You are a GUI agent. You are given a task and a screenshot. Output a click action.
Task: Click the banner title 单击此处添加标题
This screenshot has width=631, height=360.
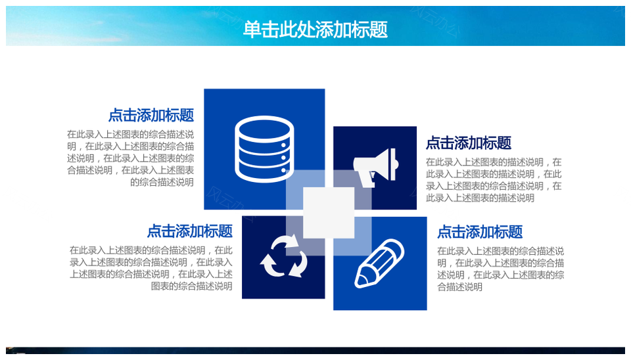pyautogui.click(x=315, y=30)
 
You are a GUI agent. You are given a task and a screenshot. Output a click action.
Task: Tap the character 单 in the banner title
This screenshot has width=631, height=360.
pyautogui.click(x=252, y=30)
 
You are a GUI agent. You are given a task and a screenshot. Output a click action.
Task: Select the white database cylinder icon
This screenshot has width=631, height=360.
pyautogui.click(x=264, y=149)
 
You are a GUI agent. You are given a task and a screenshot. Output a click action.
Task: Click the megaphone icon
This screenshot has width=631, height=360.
pyautogui.click(x=376, y=168)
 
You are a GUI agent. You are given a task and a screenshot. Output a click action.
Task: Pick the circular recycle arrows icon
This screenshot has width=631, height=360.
pyautogui.click(x=284, y=256)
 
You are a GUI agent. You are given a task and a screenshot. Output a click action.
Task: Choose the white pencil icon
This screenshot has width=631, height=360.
pyautogui.click(x=379, y=263)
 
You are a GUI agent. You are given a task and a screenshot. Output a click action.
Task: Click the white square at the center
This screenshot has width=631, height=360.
pyautogui.click(x=329, y=213)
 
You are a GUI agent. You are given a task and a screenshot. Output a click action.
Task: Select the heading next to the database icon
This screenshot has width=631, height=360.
pyautogui.click(x=151, y=116)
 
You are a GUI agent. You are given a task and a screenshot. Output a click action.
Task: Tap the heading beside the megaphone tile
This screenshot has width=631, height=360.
pyautogui.click(x=469, y=143)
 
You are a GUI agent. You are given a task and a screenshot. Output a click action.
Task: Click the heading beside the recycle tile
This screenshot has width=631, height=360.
pyautogui.click(x=190, y=231)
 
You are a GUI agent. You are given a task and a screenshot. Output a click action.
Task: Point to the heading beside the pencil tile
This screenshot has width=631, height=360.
pyautogui.click(x=480, y=232)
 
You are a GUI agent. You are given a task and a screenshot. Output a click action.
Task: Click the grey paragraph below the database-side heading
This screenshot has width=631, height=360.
pyautogui.click(x=130, y=158)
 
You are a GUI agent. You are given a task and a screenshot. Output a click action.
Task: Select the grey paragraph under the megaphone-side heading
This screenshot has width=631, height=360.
pyautogui.click(x=494, y=180)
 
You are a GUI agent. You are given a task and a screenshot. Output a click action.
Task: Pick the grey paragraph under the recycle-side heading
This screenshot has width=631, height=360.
pyautogui.click(x=151, y=268)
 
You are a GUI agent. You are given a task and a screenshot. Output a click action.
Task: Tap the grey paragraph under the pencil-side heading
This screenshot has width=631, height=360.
pyautogui.click(x=501, y=269)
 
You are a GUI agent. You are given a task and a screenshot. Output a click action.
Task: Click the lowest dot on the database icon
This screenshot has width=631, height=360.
pyautogui.click(x=284, y=171)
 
